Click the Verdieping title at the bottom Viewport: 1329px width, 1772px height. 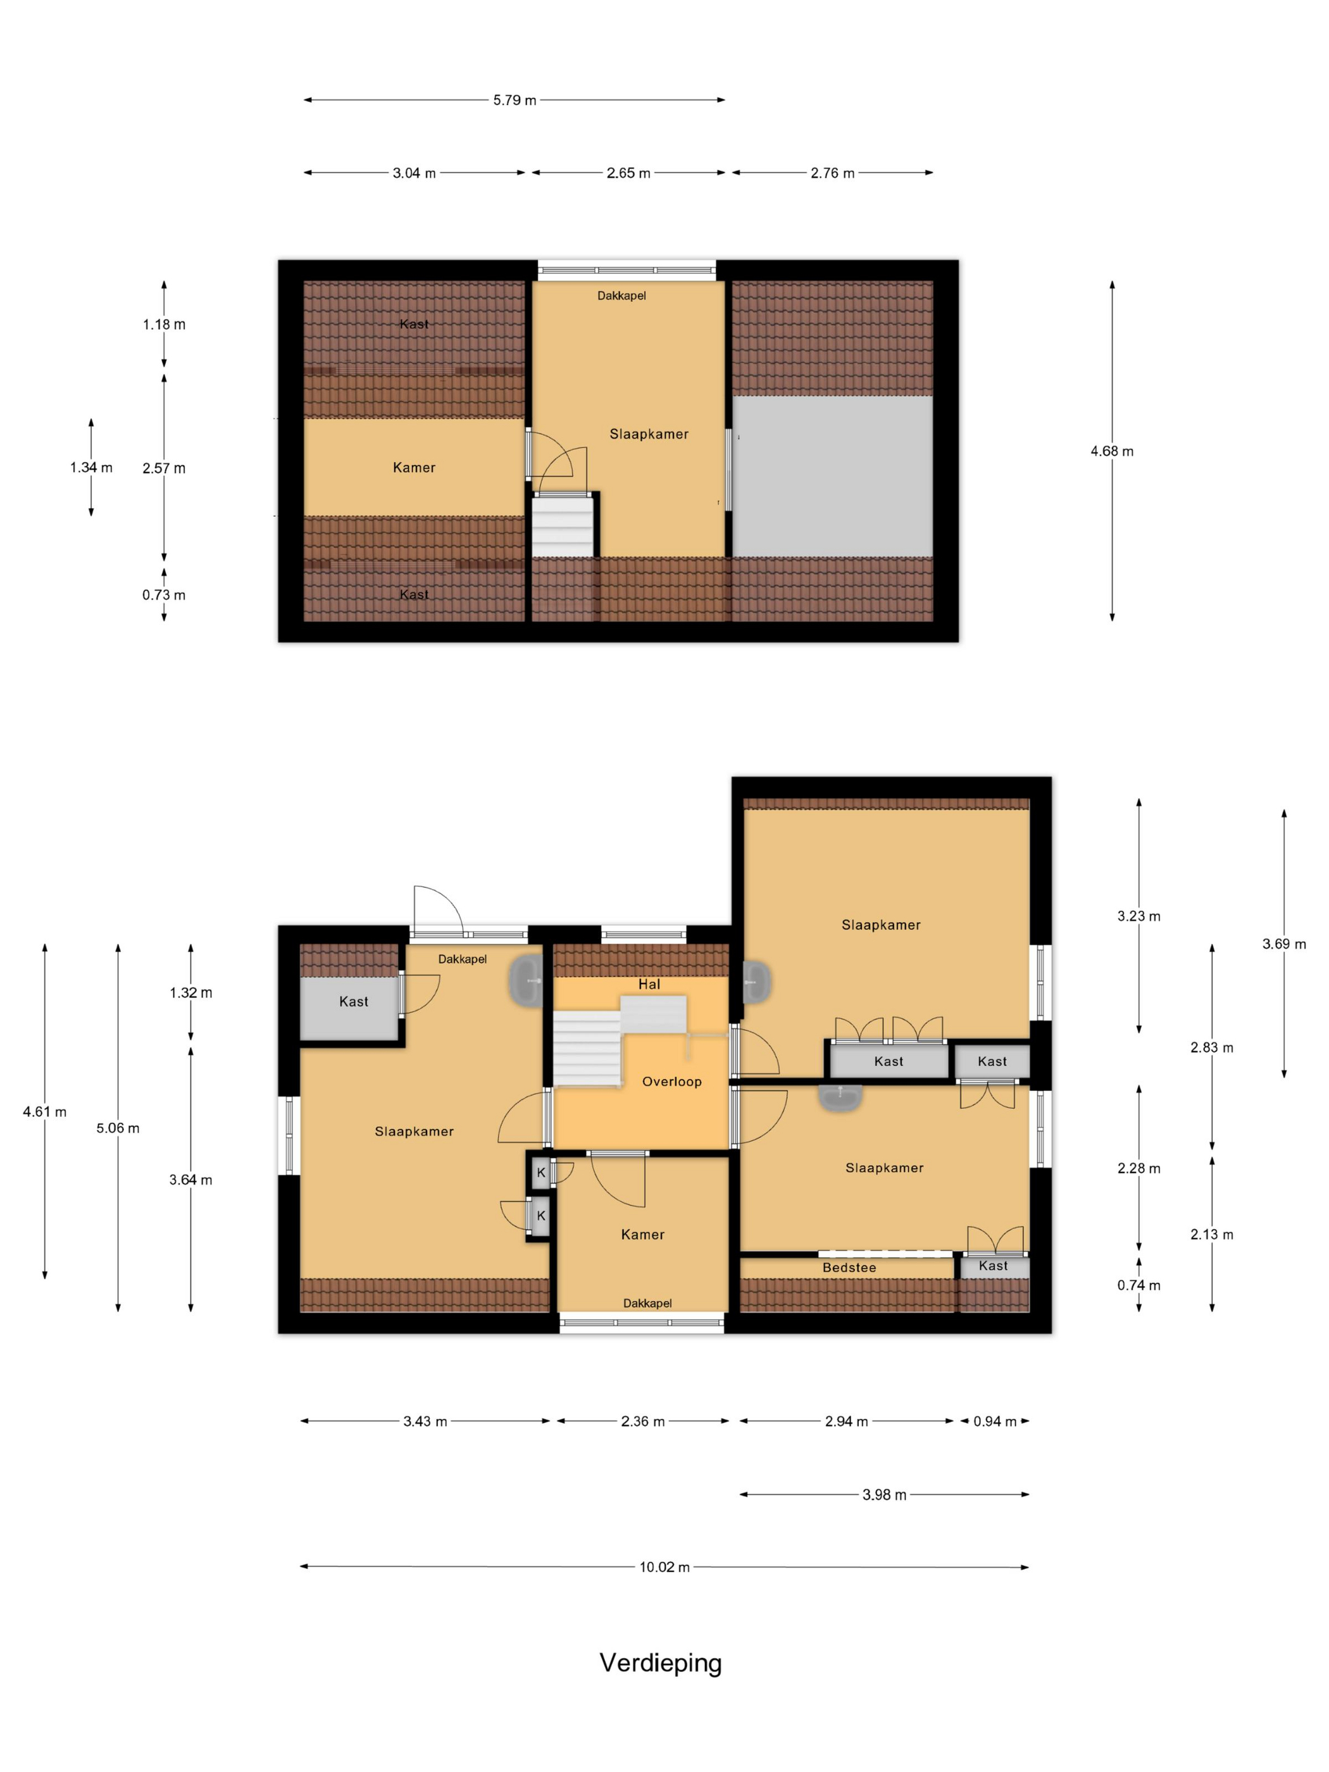(661, 1664)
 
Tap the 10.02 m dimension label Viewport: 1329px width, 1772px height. (664, 1567)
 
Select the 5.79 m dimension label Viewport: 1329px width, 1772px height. (515, 100)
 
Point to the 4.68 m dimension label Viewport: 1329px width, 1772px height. (1112, 451)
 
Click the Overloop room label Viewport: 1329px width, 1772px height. (671, 1082)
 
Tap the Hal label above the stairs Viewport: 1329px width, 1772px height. (649, 985)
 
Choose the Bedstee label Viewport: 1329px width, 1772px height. (849, 1268)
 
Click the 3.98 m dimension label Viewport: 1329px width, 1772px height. (884, 1495)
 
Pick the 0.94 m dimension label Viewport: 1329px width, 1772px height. (995, 1421)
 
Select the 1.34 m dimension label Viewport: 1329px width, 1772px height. (91, 467)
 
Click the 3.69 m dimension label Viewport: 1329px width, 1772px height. (1284, 944)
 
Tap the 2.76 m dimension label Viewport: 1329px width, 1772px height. (832, 173)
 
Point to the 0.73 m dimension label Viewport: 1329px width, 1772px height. (164, 596)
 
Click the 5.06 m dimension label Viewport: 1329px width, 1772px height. (118, 1128)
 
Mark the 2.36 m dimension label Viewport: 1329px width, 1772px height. (642, 1421)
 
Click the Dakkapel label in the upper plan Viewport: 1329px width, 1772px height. (621, 296)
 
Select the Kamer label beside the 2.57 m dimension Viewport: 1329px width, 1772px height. (414, 468)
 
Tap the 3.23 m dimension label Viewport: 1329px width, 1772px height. (1139, 916)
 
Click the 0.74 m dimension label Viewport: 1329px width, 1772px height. (1139, 1285)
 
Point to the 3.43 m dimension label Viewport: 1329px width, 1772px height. (425, 1421)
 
